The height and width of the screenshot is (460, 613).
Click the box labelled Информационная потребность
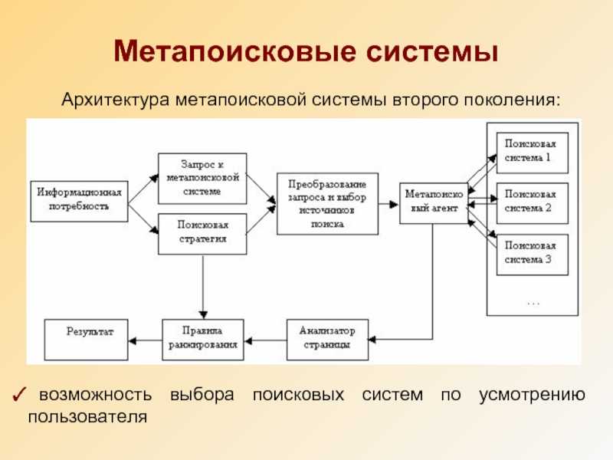coord(80,201)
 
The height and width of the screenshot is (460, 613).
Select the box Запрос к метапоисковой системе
coord(202,179)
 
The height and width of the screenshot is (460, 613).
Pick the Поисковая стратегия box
coord(202,234)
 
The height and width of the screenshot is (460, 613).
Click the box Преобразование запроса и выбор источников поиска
coord(327,203)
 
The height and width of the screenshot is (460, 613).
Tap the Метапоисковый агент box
coord(434,203)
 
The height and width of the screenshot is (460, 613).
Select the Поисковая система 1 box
coord(532,153)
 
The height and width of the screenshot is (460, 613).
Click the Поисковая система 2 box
coord(532,203)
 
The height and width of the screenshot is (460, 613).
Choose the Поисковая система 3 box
coord(532,255)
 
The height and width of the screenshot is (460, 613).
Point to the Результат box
coord(86,340)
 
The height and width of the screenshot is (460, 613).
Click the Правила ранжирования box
coord(203,340)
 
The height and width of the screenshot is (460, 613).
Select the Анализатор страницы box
coord(327,340)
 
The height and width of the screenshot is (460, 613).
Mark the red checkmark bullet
coord(19,395)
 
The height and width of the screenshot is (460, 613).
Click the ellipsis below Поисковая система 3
coord(533,303)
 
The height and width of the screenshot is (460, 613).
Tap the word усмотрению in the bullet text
coord(532,395)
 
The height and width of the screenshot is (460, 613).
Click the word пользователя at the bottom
coord(87,416)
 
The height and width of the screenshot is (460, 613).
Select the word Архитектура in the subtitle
coord(116,100)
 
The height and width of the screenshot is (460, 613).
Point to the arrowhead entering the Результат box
coord(132,340)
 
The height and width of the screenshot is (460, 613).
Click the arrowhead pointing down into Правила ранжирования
coord(203,315)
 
